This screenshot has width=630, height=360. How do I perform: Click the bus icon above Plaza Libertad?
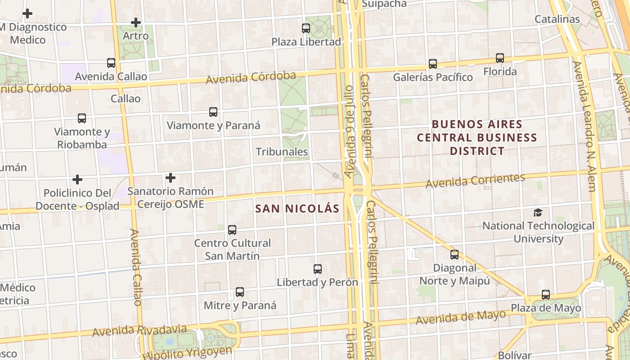(x=306, y=28)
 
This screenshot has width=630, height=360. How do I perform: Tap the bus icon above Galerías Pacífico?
(x=433, y=64)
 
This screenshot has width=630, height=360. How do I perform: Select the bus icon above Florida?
(x=500, y=58)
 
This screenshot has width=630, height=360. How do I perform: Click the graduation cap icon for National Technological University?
(x=538, y=212)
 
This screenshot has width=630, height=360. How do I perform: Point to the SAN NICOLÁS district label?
(x=297, y=209)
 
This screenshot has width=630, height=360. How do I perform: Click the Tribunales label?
(x=282, y=152)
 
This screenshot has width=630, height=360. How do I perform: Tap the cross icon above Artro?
(x=135, y=22)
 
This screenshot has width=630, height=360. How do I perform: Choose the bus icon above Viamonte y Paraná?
(x=213, y=112)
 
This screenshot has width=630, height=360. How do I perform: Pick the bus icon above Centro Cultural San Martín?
(x=232, y=230)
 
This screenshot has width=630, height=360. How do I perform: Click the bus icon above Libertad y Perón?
(x=318, y=269)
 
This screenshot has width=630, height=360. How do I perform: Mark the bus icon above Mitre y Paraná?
(x=240, y=292)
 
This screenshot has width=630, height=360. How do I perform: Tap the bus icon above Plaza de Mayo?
(x=546, y=295)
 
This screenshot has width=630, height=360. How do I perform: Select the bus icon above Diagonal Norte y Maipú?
(x=454, y=255)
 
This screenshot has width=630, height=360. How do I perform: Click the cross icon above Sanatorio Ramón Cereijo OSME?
(x=170, y=178)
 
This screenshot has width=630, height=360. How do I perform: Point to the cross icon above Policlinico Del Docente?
(x=77, y=180)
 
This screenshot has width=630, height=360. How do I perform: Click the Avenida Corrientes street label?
(x=475, y=180)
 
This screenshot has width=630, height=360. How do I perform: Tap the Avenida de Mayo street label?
(x=461, y=317)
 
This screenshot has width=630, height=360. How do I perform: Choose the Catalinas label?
(x=557, y=19)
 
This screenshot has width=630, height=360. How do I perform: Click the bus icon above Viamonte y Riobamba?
(x=82, y=118)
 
